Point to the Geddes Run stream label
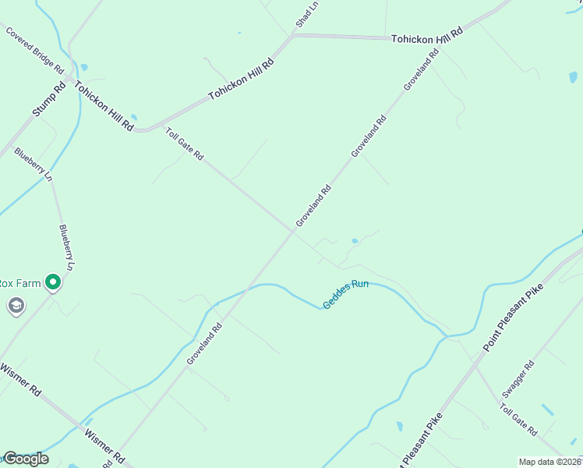(346, 293)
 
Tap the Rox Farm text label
(18, 282)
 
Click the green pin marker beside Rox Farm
(53, 282)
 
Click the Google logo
(25, 459)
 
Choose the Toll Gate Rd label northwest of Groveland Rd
(184, 144)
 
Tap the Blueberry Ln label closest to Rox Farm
(67, 247)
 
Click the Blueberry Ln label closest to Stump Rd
(34, 165)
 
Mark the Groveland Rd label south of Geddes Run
(204, 344)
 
